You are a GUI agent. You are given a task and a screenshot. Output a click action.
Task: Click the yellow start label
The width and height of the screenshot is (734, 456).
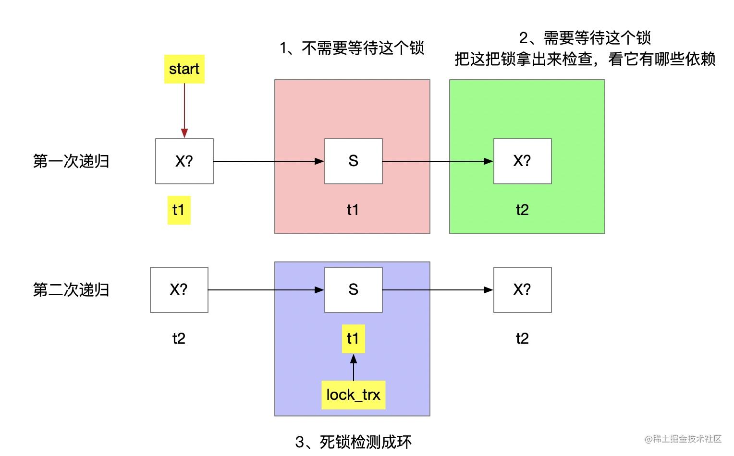tap(184, 69)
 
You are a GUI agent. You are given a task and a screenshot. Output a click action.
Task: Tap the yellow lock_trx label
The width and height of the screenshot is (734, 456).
tap(353, 395)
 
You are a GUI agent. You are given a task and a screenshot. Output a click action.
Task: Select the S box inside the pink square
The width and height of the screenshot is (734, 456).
tap(353, 161)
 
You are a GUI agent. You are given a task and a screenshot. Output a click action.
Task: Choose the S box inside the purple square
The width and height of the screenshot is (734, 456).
tap(353, 290)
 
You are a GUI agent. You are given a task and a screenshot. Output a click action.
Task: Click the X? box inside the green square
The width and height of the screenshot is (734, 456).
tap(522, 161)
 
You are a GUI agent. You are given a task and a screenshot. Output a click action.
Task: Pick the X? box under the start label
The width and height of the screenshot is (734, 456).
tap(184, 161)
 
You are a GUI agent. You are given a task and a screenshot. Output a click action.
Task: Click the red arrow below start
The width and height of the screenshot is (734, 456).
tap(184, 111)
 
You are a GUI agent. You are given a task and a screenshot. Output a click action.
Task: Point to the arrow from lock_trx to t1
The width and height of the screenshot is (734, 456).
tap(353, 367)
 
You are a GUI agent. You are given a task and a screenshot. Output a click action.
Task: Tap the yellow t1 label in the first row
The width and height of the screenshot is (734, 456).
tap(179, 210)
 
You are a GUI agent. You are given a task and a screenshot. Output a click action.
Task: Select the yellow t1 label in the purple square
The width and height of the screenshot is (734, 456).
tap(353, 339)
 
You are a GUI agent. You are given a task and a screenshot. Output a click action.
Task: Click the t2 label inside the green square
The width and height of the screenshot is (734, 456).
tap(522, 210)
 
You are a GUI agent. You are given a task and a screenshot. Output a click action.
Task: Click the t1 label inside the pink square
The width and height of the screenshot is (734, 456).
tap(353, 210)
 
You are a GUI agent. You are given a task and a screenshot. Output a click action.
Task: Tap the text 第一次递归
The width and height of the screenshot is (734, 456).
tap(71, 161)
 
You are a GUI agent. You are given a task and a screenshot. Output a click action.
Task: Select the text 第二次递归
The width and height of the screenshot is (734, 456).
tap(71, 290)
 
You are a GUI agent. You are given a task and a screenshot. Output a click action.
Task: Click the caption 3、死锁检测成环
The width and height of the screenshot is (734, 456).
tap(353, 442)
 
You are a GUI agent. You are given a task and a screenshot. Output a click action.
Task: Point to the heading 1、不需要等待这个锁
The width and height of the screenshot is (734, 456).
tap(352, 48)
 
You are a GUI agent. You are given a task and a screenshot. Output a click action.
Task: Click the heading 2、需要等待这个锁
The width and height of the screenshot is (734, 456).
tap(585, 38)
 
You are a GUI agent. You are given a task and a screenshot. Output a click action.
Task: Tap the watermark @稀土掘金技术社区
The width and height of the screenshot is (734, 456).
tap(683, 439)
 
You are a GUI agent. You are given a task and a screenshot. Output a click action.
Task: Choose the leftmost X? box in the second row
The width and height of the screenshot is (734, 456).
tap(179, 290)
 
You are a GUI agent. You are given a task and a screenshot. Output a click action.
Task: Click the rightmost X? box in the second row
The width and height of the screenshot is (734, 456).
tap(522, 290)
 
